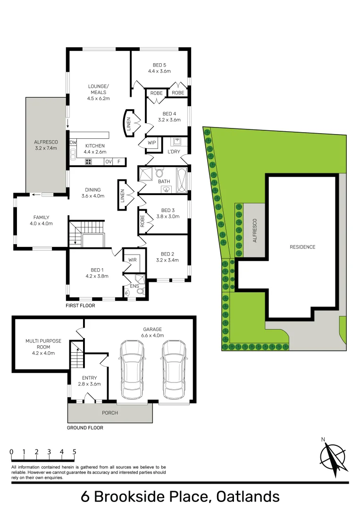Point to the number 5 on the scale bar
75,452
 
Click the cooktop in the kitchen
88,161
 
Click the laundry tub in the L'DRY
178,142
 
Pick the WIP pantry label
152,143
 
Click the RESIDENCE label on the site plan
302,247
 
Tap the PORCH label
110,413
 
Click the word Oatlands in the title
248,496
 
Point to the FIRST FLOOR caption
81,306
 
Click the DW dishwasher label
73,143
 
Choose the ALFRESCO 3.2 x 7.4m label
46,144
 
